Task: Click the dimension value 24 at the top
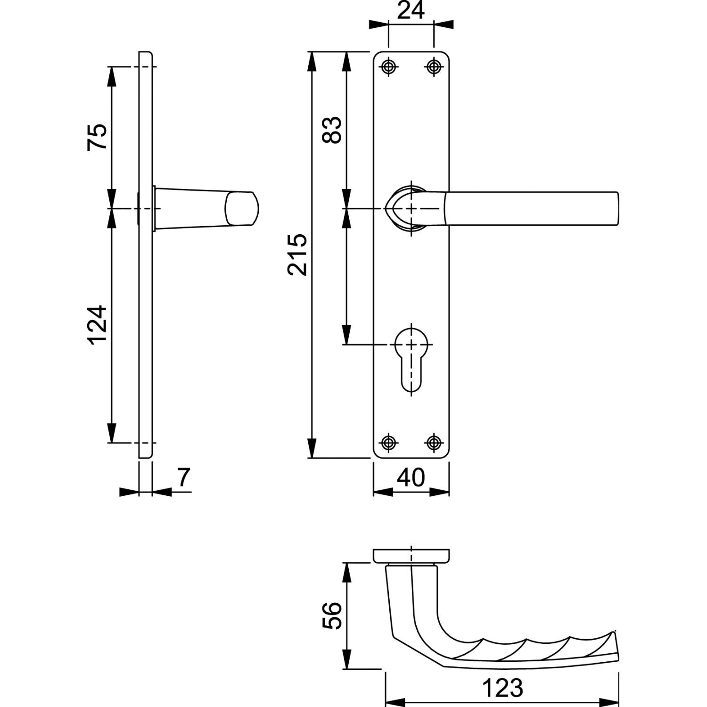click(x=411, y=10)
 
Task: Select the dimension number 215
click(x=298, y=255)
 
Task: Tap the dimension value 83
click(x=333, y=130)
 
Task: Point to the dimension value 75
click(x=98, y=137)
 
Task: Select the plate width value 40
click(x=411, y=478)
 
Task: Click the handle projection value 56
click(x=333, y=615)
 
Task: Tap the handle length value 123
click(x=502, y=688)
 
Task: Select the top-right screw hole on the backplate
click(x=434, y=67)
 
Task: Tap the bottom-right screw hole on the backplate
click(x=434, y=443)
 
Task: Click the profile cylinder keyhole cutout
click(x=411, y=358)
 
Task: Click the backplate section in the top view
click(x=411, y=556)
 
